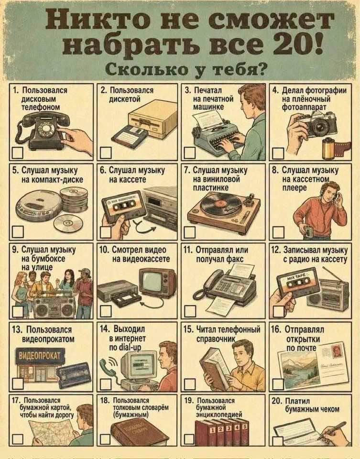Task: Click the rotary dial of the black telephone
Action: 46,129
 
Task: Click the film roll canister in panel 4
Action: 328,148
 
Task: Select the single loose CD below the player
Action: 68,223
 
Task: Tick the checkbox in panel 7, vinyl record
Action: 189,232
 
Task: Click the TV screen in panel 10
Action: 155,281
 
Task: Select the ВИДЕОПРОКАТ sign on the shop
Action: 40,355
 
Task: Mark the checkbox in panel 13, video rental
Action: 18,383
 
